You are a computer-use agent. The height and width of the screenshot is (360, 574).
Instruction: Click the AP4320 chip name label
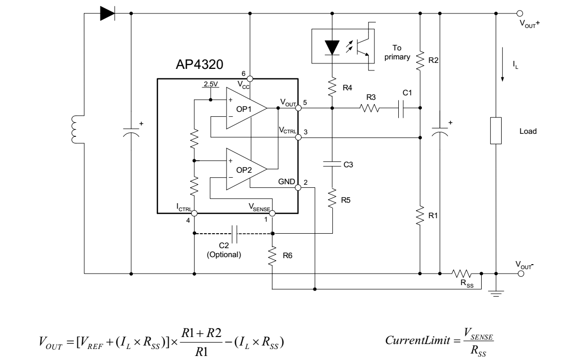coord(199,64)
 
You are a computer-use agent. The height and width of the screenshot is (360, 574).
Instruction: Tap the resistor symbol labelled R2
coord(420,60)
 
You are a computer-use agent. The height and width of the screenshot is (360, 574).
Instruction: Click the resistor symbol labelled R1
coord(420,215)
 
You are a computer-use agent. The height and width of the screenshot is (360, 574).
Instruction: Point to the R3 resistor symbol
coord(370,108)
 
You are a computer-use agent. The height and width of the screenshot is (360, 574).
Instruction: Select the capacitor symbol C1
coord(401,108)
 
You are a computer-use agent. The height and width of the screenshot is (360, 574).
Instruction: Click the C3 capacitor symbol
coord(332,164)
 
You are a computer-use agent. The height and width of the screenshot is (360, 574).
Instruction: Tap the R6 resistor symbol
coord(272,256)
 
